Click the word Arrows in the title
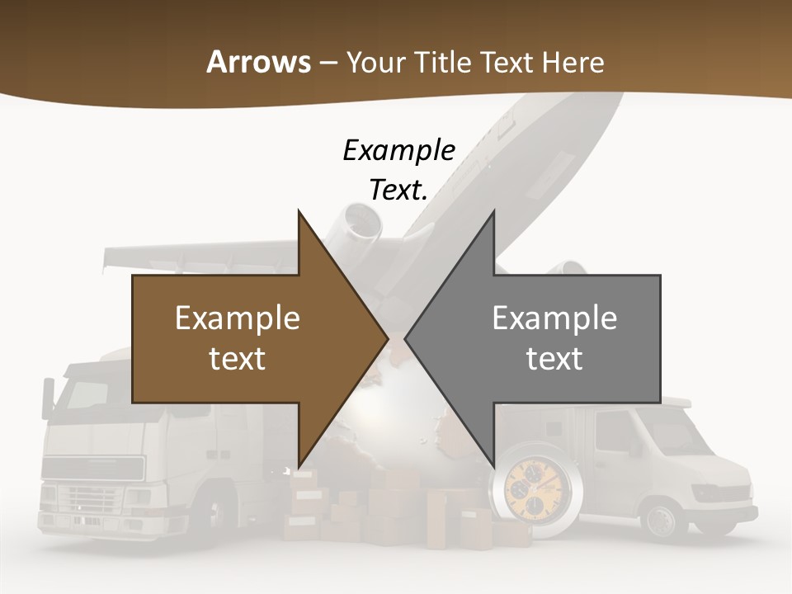(258, 62)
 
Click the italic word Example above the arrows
(398, 151)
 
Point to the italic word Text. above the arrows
(398, 190)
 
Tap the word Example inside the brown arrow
(238, 318)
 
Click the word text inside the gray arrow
(554, 358)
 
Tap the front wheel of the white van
(661, 520)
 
